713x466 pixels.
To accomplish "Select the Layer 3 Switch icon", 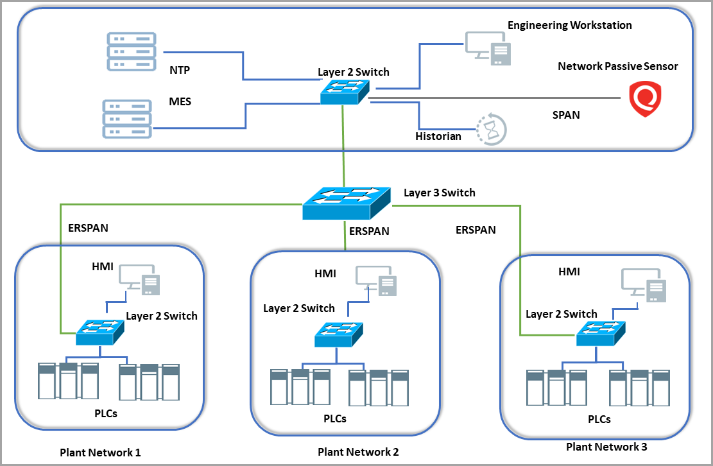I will coord(347,203).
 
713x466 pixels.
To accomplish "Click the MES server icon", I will coord(127,119).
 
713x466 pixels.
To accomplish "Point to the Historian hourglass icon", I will coord(492,129).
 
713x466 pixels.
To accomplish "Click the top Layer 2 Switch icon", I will coord(345,92).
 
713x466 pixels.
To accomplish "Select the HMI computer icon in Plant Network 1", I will coord(139,279).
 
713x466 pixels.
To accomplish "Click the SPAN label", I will coord(566,116).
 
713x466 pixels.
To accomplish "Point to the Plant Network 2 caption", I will coord(358,452).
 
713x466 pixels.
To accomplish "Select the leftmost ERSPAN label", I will coord(88,228).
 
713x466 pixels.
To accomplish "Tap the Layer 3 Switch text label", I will coord(440,193).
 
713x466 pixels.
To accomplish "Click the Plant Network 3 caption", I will coord(606,446).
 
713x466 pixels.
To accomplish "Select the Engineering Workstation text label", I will coord(570,26).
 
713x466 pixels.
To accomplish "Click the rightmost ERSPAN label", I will coord(476,230).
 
